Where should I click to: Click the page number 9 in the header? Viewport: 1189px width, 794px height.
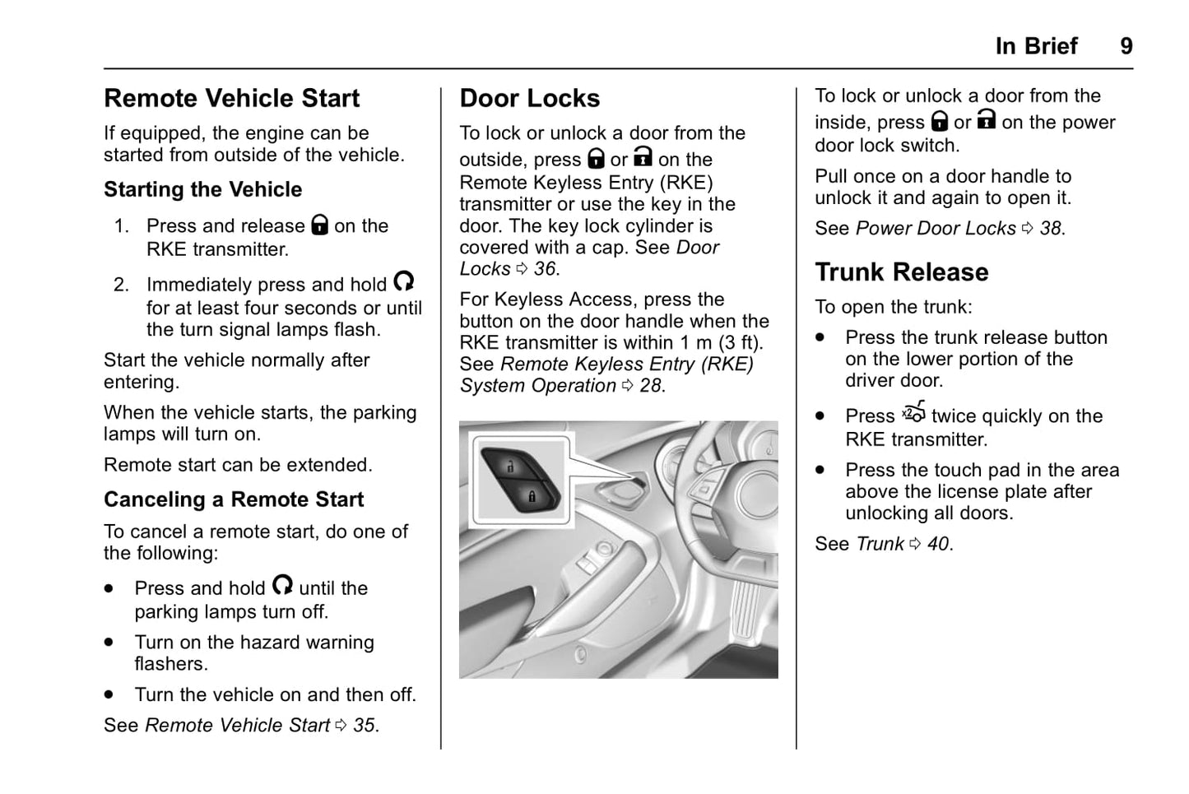click(x=1126, y=46)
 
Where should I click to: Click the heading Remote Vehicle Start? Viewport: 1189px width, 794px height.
click(x=231, y=99)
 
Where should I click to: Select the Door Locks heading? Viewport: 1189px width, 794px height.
click(x=529, y=99)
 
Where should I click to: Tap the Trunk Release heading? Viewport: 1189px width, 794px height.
click(x=901, y=272)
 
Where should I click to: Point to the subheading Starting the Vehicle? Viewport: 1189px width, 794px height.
click(x=202, y=190)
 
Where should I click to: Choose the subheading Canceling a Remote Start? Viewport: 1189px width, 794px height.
click(x=234, y=500)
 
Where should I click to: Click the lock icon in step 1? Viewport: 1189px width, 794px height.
click(x=320, y=225)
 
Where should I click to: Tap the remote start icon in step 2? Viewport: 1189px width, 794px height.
click(x=403, y=282)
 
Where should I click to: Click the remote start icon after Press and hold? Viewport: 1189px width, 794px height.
click(x=282, y=585)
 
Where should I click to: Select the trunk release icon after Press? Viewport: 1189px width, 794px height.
click(x=913, y=412)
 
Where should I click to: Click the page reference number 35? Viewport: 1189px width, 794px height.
click(x=364, y=726)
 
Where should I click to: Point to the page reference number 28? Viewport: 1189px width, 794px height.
click(x=650, y=386)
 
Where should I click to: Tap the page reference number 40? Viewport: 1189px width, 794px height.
click(x=938, y=544)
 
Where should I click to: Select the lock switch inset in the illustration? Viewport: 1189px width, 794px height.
click(x=519, y=481)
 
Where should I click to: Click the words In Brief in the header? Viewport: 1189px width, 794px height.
click(x=1035, y=46)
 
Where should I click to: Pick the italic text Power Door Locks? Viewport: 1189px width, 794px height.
click(x=936, y=229)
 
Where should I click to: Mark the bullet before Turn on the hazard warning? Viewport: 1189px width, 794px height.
click(x=109, y=643)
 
